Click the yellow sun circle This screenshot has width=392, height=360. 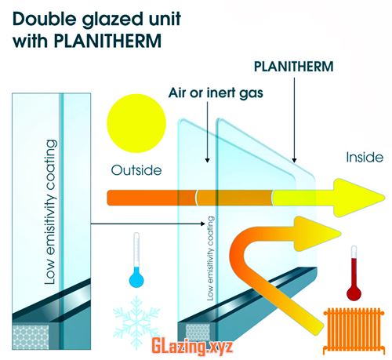coord(136,123)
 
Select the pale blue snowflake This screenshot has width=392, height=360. coord(136,322)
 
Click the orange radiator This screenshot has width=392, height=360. coord(354,330)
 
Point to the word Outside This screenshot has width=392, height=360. coord(136,170)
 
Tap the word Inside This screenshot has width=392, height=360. coord(365,157)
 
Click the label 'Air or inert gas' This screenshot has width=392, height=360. coord(216,93)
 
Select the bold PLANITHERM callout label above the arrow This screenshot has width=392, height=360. coord(294,67)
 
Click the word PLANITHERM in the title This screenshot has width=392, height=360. coord(107,41)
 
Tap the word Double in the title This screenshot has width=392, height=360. coord(45,19)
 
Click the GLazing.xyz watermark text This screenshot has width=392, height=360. coord(192,347)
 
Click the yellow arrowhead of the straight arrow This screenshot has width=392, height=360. coord(358,198)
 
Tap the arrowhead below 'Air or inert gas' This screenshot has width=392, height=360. coord(208,160)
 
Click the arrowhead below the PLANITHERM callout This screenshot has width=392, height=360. coord(294,160)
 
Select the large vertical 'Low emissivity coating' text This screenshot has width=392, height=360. coord(50,212)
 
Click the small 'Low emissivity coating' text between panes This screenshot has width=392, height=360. coord(211,258)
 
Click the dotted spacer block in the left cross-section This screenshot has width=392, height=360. coord(31,337)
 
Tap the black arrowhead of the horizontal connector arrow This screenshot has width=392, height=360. coord(202,224)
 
